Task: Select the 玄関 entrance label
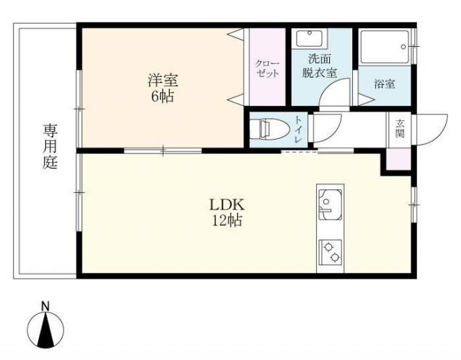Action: (x=399, y=129)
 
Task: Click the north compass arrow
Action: (x=45, y=330)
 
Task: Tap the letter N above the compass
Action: (x=45, y=306)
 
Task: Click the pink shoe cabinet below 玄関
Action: (x=398, y=159)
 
